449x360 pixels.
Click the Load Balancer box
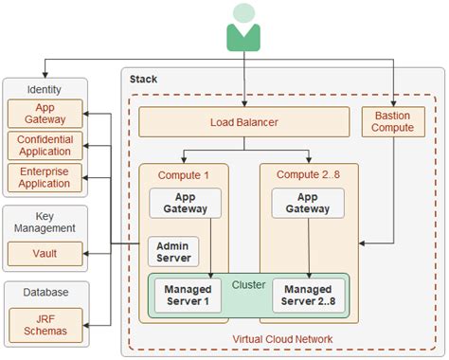244,122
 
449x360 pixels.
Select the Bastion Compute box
393,122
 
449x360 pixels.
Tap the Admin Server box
171,251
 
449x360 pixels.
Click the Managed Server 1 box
187,296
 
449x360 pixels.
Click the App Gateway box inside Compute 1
186,203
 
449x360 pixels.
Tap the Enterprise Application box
45,177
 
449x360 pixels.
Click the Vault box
45,254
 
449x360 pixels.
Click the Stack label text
143,79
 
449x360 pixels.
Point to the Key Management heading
45,221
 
